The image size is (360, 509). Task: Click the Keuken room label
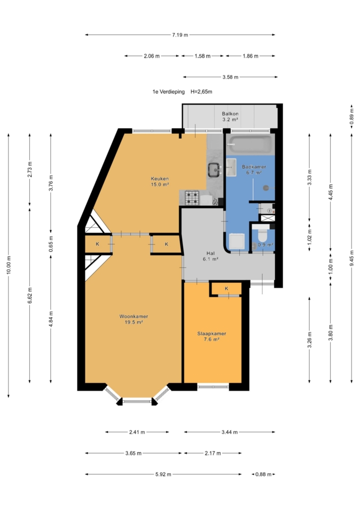pyautogui.click(x=160, y=178)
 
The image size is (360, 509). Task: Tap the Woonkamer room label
pyautogui.click(x=134, y=317)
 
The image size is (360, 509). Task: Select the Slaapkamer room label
pyautogui.click(x=212, y=334)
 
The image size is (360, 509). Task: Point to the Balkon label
pyautogui.click(x=230, y=114)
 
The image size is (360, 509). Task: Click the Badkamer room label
pyautogui.click(x=254, y=167)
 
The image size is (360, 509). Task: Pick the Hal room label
pyautogui.click(x=210, y=253)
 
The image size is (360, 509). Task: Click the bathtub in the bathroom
pyautogui.click(x=250, y=145)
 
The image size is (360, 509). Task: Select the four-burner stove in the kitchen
pyautogui.click(x=191, y=198)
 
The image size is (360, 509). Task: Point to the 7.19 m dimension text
pyautogui.click(x=180, y=35)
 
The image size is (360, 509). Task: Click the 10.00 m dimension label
pyautogui.click(x=9, y=265)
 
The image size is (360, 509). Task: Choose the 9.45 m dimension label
pyautogui.click(x=352, y=258)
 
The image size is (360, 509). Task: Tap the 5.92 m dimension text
pyautogui.click(x=163, y=474)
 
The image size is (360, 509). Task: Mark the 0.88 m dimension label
pyautogui.click(x=263, y=474)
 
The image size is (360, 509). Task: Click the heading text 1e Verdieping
pyautogui.click(x=169, y=92)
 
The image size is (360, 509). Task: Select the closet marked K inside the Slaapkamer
pyautogui.click(x=226, y=289)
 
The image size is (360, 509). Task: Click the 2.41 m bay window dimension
pyautogui.click(x=137, y=432)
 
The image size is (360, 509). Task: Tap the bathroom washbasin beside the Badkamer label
pyautogui.click(x=231, y=167)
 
